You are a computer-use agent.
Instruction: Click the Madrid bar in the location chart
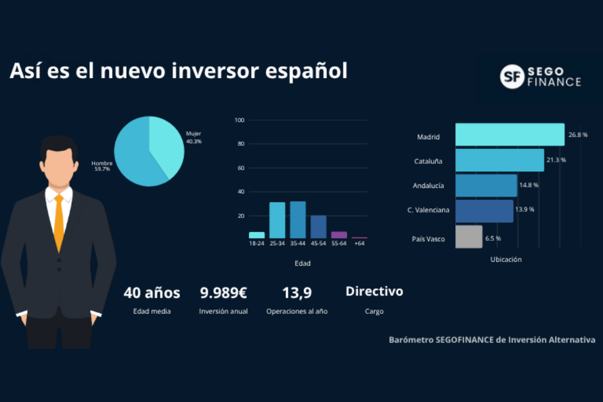pyautogui.click(x=510, y=135)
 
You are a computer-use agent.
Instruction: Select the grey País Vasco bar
pyautogui.click(x=469, y=237)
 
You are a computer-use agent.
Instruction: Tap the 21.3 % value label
pyautogui.click(x=556, y=160)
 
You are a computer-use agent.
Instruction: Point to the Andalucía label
pyautogui.click(x=428, y=185)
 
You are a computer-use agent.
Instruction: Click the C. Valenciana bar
pyautogui.click(x=484, y=211)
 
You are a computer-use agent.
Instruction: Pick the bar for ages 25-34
pyautogui.click(x=277, y=220)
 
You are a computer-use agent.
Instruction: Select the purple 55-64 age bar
pyautogui.click(x=339, y=235)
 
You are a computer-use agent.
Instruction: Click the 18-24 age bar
pyautogui.click(x=257, y=235)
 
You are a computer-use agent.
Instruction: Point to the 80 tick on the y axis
pyautogui.click(x=241, y=144)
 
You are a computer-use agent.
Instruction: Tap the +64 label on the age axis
pyautogui.click(x=359, y=243)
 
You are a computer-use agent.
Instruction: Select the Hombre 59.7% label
pyautogui.click(x=102, y=166)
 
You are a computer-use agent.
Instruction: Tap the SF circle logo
pyautogui.click(x=512, y=77)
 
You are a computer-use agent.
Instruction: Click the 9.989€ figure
pyautogui.click(x=224, y=292)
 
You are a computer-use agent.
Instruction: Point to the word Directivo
pyautogui.click(x=374, y=291)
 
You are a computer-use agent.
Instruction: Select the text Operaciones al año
pyautogui.click(x=297, y=311)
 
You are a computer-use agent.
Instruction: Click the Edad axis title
pyautogui.click(x=303, y=263)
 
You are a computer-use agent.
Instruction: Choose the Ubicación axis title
pyautogui.click(x=506, y=259)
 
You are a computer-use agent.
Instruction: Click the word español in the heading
pyautogui.click(x=307, y=71)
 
